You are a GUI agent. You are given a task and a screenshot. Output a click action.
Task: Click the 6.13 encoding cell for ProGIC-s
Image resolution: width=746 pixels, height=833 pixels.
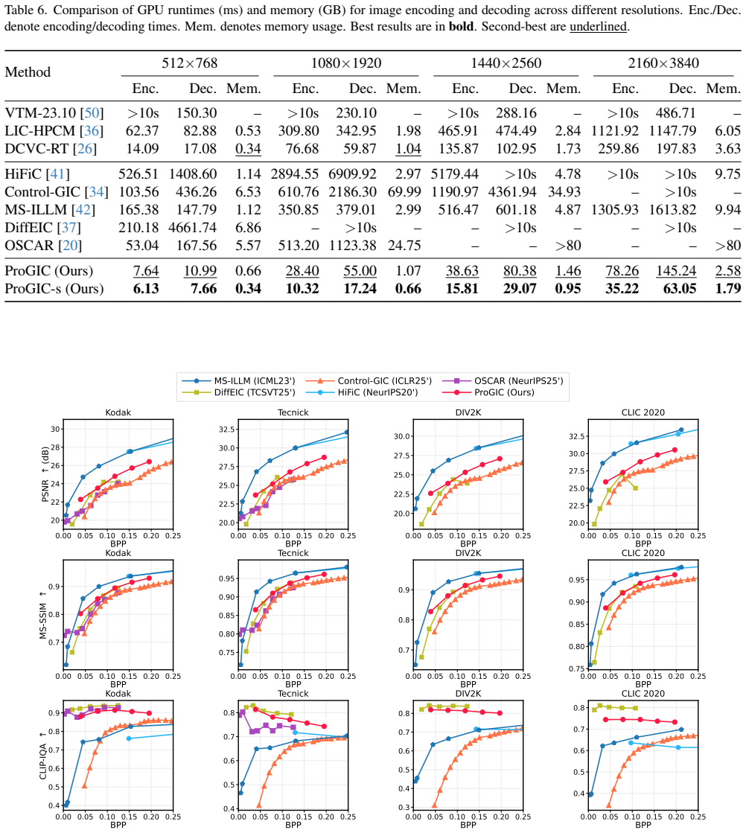tap(146, 289)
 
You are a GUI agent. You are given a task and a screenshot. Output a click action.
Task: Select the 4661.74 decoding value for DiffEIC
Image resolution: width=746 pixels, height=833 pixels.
tap(192, 227)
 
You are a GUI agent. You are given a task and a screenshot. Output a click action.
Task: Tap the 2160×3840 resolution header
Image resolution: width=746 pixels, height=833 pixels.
tap(663, 63)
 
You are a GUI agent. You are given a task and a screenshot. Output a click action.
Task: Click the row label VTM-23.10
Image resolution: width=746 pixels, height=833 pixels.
tap(40, 112)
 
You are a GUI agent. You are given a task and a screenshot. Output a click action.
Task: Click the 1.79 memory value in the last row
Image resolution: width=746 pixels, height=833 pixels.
tap(728, 289)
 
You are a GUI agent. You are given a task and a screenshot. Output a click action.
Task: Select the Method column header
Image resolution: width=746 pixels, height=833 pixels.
tap(28, 71)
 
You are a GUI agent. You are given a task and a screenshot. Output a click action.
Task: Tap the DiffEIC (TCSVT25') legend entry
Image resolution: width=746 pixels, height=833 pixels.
tap(238, 392)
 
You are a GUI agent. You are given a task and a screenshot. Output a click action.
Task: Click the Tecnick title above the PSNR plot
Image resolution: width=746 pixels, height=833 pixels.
tap(293, 412)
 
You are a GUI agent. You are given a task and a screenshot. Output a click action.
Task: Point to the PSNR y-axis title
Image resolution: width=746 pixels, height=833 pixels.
tap(45, 474)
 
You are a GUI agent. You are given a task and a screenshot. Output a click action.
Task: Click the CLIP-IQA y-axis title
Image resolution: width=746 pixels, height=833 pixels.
tap(43, 756)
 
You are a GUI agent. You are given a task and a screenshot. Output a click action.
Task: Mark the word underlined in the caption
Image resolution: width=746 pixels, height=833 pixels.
tap(599, 26)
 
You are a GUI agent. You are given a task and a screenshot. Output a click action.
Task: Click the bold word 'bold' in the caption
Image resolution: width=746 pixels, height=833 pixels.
tap(461, 26)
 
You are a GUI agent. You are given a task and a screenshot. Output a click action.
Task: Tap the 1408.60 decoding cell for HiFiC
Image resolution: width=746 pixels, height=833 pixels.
tap(193, 174)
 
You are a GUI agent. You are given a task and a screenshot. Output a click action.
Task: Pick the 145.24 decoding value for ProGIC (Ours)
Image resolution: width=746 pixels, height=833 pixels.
tap(676, 271)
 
